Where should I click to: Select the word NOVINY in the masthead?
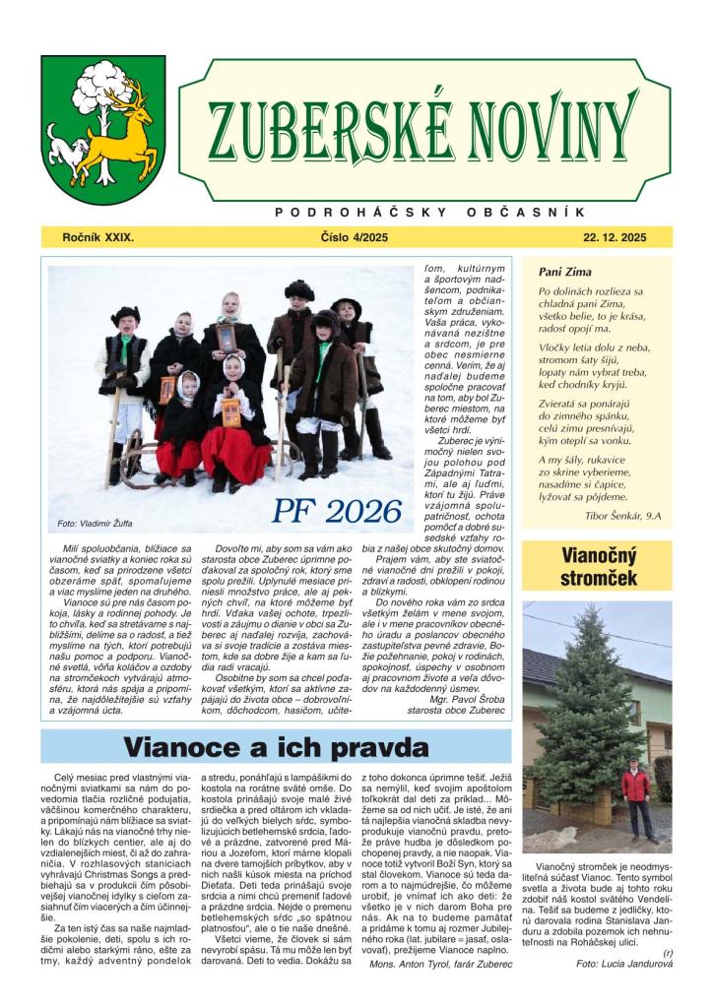point(550,130)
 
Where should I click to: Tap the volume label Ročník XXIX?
point(97,237)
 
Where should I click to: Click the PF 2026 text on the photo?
point(338,511)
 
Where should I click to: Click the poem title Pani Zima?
point(565,272)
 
